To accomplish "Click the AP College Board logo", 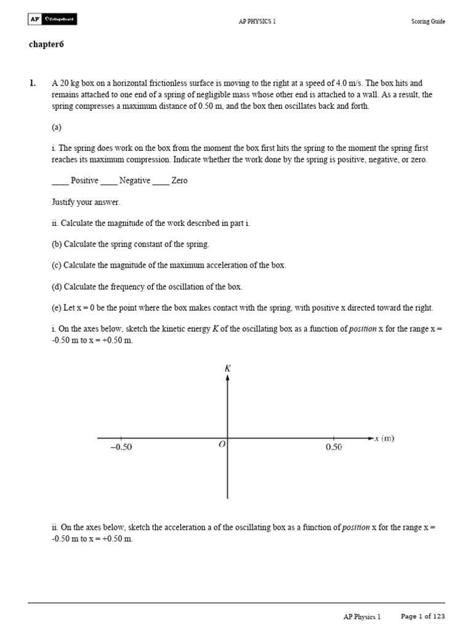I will pos(52,20).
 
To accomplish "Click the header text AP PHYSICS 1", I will pos(257,22).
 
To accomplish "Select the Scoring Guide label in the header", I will pos(428,22).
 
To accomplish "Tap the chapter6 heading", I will pos(47,44).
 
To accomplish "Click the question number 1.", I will pos(32,83).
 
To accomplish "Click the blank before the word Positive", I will pos(60,181).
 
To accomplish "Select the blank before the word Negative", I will pos(108,181).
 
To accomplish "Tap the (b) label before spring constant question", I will pos(57,244).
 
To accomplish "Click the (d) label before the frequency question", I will pos(57,287).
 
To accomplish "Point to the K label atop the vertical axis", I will pos(228,368).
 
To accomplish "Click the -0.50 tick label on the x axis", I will pos(121,448).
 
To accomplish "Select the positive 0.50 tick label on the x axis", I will pos(333,448).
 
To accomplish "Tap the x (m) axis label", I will pos(384,438).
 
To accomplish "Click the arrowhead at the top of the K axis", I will pos(228,378).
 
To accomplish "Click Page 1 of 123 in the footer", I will pos(422,616).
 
